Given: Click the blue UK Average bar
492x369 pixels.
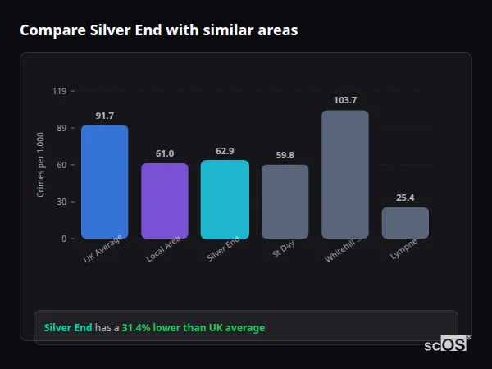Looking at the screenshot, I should [104, 181].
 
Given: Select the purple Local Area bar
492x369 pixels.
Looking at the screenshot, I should [165, 201].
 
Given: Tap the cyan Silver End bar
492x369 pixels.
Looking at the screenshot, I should [225, 199].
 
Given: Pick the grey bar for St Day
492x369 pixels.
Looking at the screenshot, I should [285, 202].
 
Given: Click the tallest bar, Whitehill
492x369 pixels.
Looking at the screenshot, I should [345, 174].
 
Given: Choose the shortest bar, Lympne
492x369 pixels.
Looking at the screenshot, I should [405, 223].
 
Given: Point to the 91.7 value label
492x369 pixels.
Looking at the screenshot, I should [104, 116].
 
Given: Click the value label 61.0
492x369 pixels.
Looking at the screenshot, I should [165, 153].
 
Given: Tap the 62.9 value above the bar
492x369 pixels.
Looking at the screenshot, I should [225, 151].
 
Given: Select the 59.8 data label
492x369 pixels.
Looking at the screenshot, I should [285, 155].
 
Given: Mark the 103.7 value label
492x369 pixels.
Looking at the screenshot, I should [345, 100].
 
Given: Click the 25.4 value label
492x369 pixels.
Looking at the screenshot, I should [405, 198].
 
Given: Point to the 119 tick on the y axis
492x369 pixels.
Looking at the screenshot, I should [59, 91].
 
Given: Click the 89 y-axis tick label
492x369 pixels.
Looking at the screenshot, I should [60, 128].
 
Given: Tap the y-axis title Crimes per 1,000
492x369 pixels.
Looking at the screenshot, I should [41, 164].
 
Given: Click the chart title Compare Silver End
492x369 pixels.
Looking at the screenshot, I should [158, 30].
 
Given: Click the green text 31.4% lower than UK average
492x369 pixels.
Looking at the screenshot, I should [194, 328].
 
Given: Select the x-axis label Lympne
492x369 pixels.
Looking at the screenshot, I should [403, 249].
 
